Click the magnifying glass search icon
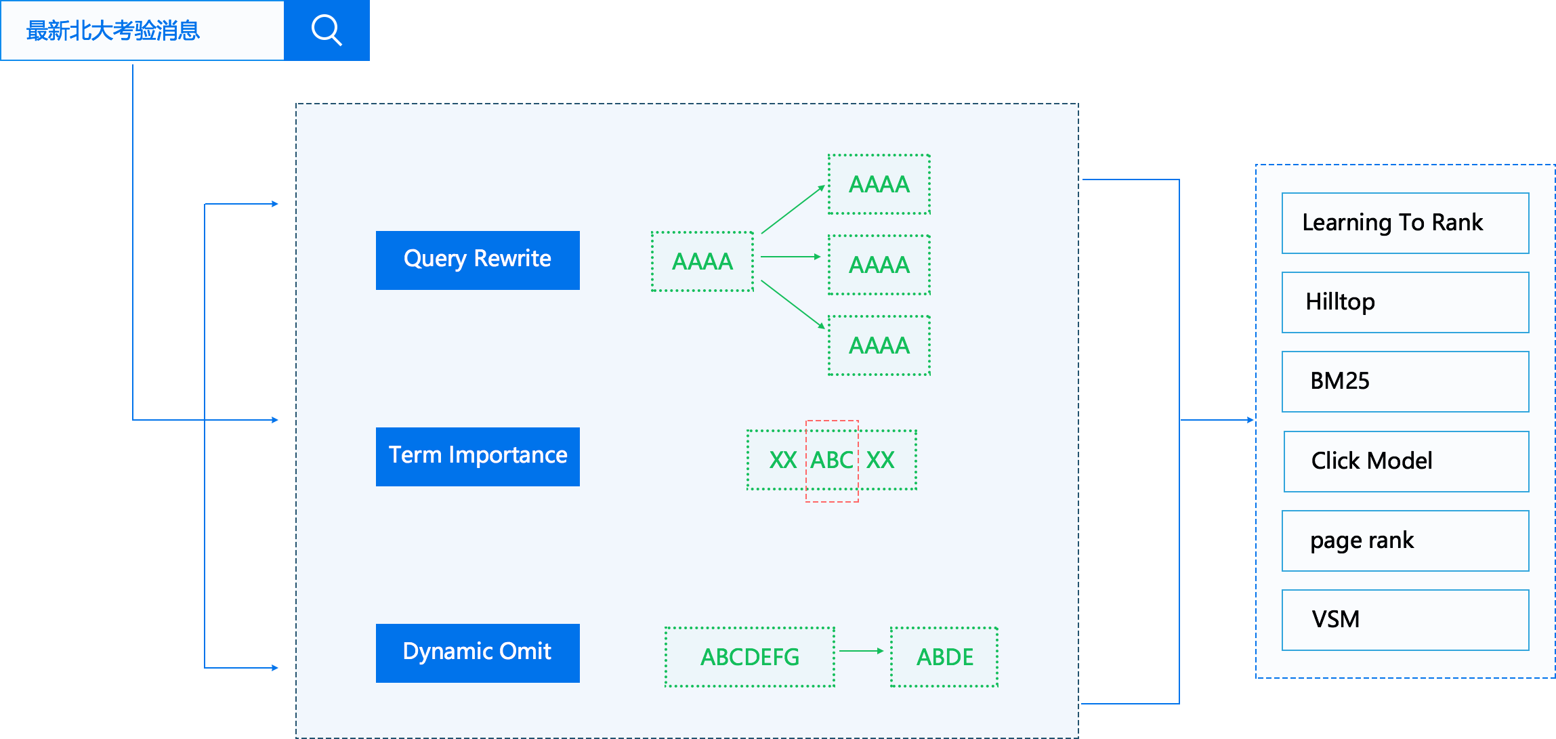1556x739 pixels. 327,30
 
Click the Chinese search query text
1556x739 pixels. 112,30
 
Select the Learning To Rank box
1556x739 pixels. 1405,223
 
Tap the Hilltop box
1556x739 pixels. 1405,302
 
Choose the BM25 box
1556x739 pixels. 1405,381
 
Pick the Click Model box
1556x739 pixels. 1406,461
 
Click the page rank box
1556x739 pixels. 1405,541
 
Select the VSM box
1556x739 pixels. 1405,620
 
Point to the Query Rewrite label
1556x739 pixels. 477,258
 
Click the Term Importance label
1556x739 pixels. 478,455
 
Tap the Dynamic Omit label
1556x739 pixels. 476,651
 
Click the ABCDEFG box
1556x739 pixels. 749,656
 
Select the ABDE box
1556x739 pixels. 944,656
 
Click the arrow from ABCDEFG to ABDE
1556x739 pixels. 862,651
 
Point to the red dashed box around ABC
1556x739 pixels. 832,461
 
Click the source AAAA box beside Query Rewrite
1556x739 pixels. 702,261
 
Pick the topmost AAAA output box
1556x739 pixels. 879,184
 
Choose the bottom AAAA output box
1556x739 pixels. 879,345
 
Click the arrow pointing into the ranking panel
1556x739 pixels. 1217,420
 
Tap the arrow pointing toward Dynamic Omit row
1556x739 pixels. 242,668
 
